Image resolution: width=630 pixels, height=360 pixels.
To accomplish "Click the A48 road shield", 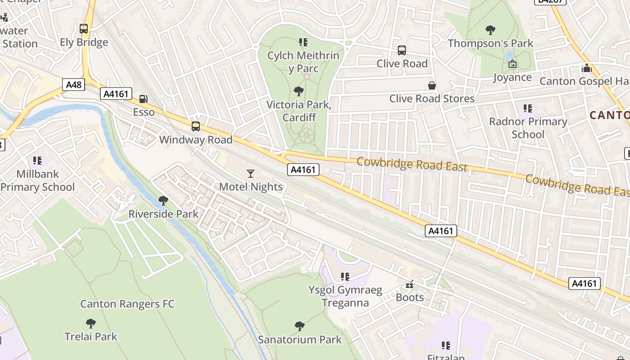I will click(74, 85).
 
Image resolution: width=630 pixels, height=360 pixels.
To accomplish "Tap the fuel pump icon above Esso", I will click(144, 99).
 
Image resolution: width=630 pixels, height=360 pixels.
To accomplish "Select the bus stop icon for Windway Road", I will click(196, 126).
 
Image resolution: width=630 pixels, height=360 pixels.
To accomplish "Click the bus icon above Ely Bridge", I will click(84, 29).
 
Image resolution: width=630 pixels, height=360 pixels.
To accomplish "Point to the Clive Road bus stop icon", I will click(402, 50).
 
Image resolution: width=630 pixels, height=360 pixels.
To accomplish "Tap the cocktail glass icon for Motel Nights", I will click(251, 173).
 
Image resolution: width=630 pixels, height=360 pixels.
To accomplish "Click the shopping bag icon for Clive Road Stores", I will click(432, 85).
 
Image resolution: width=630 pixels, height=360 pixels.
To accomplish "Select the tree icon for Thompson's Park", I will click(490, 30).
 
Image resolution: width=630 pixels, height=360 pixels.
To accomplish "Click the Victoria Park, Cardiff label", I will click(298, 111).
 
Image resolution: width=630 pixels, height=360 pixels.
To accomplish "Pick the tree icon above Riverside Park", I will click(163, 201).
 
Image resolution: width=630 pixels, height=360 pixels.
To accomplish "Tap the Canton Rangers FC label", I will click(127, 304).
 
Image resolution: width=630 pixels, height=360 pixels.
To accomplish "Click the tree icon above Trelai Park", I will click(91, 323).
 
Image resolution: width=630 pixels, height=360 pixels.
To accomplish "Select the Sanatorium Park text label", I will click(300, 340).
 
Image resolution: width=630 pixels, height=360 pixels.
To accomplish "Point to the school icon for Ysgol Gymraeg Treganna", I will click(345, 277).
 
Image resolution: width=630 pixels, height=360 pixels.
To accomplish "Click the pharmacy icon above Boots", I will click(409, 284).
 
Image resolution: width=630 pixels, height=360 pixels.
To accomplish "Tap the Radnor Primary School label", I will click(528, 128).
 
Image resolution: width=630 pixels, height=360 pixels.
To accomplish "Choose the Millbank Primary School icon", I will click(37, 161).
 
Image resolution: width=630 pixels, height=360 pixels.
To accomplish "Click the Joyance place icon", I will click(512, 64).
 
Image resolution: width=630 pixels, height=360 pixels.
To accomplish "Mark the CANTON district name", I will click(609, 115).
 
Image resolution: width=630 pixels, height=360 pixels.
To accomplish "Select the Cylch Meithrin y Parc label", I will click(303, 62).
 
